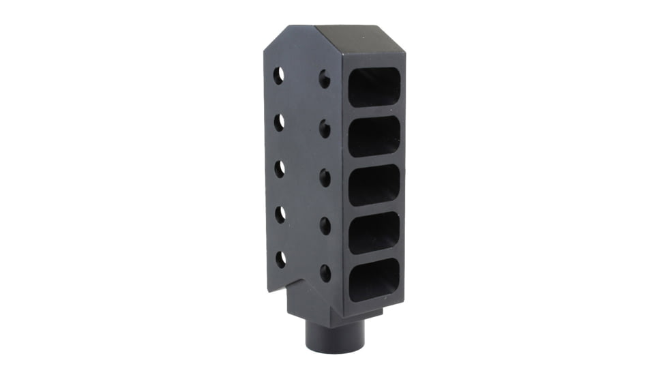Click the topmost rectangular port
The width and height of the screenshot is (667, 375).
click(374, 87)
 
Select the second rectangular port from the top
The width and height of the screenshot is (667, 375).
click(374, 136)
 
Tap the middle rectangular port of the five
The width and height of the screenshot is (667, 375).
click(374, 184)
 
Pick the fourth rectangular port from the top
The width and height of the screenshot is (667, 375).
click(374, 232)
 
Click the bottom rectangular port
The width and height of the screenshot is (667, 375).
click(374, 280)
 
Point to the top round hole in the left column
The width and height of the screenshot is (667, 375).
click(278, 76)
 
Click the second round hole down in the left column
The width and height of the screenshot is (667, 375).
click(279, 123)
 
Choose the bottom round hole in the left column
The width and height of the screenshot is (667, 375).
click(280, 259)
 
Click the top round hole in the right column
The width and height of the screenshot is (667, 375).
click(325, 80)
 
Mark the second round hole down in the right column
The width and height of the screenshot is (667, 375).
click(325, 129)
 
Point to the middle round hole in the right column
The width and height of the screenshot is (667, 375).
click(325, 178)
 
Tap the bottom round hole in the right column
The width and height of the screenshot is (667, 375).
click(325, 273)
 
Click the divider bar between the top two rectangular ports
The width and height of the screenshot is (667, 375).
click(374, 111)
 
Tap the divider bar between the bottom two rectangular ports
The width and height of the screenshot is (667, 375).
click(374, 256)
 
